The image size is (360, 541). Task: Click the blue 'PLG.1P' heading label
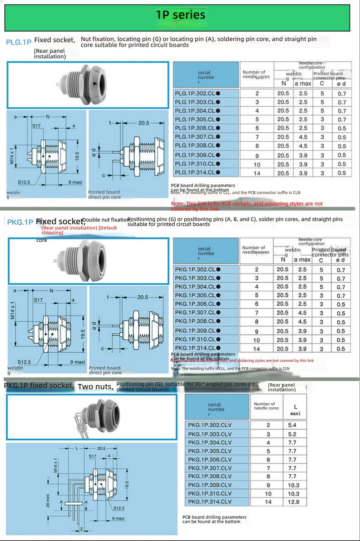pos(19,42)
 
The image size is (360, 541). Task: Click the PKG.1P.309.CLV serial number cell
pos(210,485)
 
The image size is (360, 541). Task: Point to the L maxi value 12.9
pos(293,502)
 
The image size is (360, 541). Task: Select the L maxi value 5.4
pos(292,425)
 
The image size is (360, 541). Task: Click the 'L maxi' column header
pos(295,410)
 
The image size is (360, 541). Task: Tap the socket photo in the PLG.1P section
pos(88,85)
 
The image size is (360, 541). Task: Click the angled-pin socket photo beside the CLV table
pos(92,417)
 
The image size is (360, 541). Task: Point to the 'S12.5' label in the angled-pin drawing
pos(119,508)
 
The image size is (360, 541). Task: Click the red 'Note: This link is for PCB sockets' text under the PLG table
pos(247,206)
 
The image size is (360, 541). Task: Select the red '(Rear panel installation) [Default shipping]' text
pos(79,230)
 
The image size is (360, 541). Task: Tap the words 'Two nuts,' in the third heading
pos(95,386)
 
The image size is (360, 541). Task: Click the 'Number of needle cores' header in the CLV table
pos(266,406)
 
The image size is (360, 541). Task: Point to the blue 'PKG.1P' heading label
pos(20,222)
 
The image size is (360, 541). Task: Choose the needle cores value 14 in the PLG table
pos(257,173)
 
